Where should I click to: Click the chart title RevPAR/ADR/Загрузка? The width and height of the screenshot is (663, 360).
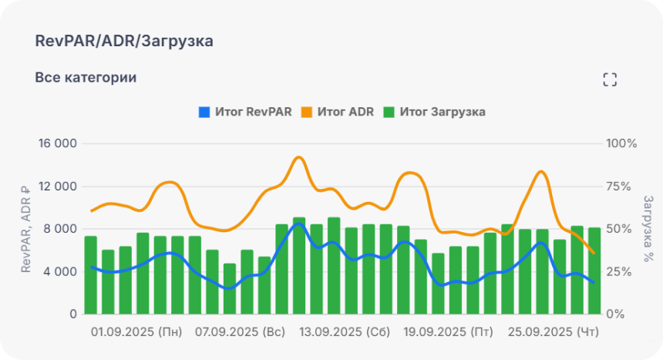[x=124, y=42]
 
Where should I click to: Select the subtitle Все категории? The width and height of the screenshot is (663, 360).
[x=86, y=78]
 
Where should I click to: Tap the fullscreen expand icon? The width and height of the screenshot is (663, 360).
[x=610, y=79]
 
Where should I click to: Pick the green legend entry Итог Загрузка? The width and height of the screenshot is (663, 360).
[x=435, y=112]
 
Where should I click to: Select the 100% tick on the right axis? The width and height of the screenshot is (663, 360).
[x=621, y=143]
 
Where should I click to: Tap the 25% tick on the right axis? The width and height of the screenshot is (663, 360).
[x=621, y=271]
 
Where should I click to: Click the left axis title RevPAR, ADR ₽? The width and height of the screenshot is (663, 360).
[x=25, y=229]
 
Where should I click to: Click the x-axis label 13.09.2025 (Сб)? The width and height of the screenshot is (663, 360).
[x=345, y=332]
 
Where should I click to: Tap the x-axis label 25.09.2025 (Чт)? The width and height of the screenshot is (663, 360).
[x=553, y=332]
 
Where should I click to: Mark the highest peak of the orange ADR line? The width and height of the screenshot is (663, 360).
[x=299, y=157]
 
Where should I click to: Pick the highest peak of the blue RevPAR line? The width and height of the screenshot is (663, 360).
[x=299, y=224]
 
